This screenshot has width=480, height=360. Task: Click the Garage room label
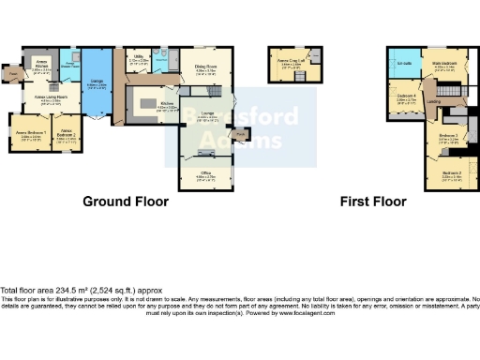[97, 83]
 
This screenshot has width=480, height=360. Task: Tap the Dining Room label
[206, 67]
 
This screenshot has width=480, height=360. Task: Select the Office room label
[205, 174]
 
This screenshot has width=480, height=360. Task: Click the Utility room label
[139, 58]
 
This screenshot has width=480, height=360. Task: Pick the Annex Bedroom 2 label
[67, 134]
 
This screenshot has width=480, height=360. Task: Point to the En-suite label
[405, 63]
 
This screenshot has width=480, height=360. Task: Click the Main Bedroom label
[444, 63]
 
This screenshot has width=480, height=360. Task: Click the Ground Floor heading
[126, 202]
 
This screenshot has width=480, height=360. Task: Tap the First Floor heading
[373, 202]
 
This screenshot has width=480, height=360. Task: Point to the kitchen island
[148, 102]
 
